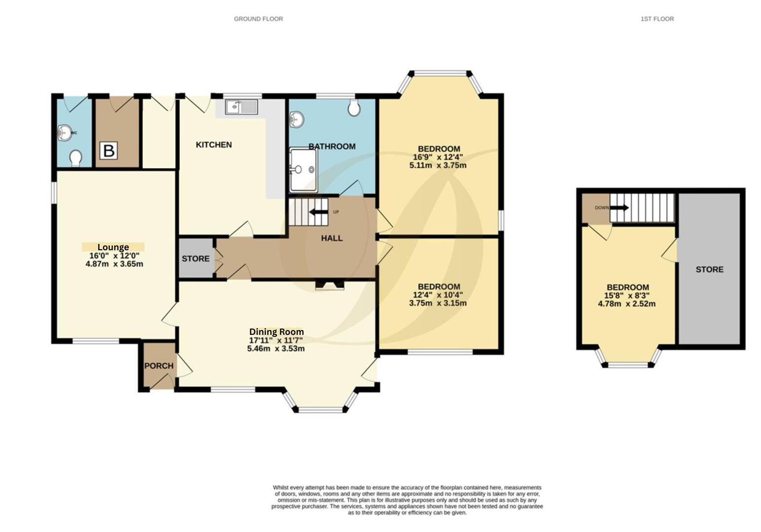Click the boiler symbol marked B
[x=109, y=151]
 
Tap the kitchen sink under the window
[x=241, y=107]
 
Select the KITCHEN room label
[x=214, y=145]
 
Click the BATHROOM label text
[x=332, y=146]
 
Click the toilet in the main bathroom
[x=354, y=108]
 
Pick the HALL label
[x=332, y=238]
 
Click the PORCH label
[x=159, y=366]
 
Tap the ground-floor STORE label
[x=196, y=259]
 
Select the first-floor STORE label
[x=709, y=269]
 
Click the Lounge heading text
[x=113, y=247]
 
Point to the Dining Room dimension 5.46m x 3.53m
[x=276, y=349]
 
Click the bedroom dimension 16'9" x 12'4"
[x=438, y=157]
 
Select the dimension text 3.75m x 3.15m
[x=438, y=303]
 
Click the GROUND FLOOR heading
[x=258, y=19]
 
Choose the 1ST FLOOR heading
[x=657, y=19]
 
